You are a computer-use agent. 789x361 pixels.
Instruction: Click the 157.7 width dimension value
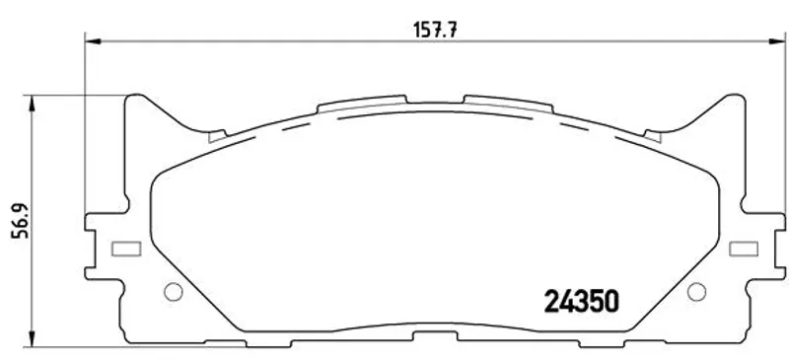pyautogui.click(x=435, y=30)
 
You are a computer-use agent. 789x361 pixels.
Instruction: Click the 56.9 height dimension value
pyautogui.click(x=21, y=221)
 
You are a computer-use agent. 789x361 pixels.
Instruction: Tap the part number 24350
pyautogui.click(x=581, y=301)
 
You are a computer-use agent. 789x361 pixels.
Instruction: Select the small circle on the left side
pyautogui.click(x=174, y=292)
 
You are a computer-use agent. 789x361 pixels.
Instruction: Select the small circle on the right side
pyautogui.click(x=696, y=292)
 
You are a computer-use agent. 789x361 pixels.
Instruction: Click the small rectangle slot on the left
pyautogui.click(x=126, y=249)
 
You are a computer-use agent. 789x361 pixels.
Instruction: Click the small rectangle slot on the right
pyautogui.click(x=744, y=249)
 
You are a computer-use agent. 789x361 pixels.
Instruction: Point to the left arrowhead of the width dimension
pyautogui.click(x=93, y=41)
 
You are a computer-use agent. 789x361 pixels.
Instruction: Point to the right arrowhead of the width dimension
pyautogui.click(x=777, y=41)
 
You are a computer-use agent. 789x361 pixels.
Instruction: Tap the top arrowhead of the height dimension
pyautogui.click(x=32, y=104)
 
